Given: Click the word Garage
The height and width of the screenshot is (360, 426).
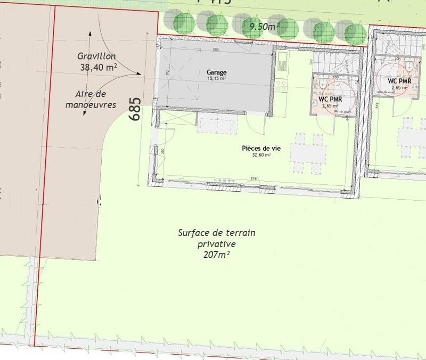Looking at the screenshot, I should tap(217, 72).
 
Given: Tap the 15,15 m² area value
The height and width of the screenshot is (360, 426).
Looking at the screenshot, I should tap(217, 79).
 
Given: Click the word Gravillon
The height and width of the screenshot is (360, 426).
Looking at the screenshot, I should tap(96, 56).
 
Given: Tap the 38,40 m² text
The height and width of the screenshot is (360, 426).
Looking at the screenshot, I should tap(99, 68).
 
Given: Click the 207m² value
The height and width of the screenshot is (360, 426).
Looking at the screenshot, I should tap(216, 256).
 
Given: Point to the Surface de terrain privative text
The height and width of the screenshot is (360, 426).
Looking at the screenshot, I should tap(217, 238).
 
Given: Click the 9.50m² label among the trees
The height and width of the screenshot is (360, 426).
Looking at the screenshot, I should tap(260, 24).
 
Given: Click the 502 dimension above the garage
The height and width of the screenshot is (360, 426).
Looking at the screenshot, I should tap(216, 50).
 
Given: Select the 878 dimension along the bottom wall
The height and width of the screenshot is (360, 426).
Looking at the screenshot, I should tap(254, 178).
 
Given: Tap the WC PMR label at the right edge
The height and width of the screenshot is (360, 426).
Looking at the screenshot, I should tap(399, 81).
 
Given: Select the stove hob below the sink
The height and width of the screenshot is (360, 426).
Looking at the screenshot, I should tap(282, 83).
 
